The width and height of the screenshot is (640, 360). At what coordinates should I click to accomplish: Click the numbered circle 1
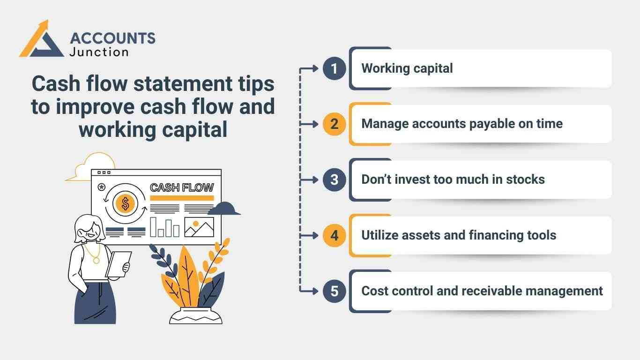[334, 69]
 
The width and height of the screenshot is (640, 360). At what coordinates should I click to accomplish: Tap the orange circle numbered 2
[334, 124]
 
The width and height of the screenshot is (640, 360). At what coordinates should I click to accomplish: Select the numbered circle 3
[334, 180]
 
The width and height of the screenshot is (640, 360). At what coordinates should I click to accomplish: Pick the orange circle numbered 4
[334, 235]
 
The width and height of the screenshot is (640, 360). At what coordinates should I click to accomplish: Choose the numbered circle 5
[334, 291]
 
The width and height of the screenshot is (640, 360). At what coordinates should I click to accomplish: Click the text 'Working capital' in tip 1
[407, 68]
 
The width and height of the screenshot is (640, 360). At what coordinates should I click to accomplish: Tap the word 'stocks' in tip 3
[525, 180]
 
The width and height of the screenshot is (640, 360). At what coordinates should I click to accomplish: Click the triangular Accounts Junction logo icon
[41, 40]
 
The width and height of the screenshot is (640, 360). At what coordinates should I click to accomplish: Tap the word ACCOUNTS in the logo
[112, 38]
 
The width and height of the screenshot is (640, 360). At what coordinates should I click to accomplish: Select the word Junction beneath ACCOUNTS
[99, 52]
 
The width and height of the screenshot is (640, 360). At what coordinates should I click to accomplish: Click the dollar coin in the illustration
[125, 203]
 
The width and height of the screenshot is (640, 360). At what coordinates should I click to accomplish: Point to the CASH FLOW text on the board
[181, 187]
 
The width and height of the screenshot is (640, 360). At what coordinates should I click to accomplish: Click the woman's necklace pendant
[97, 260]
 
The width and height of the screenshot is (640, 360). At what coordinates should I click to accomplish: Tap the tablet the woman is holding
[118, 264]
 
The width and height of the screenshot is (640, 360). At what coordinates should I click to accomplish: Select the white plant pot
[196, 315]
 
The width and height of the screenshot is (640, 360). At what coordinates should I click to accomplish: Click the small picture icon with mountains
[199, 227]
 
